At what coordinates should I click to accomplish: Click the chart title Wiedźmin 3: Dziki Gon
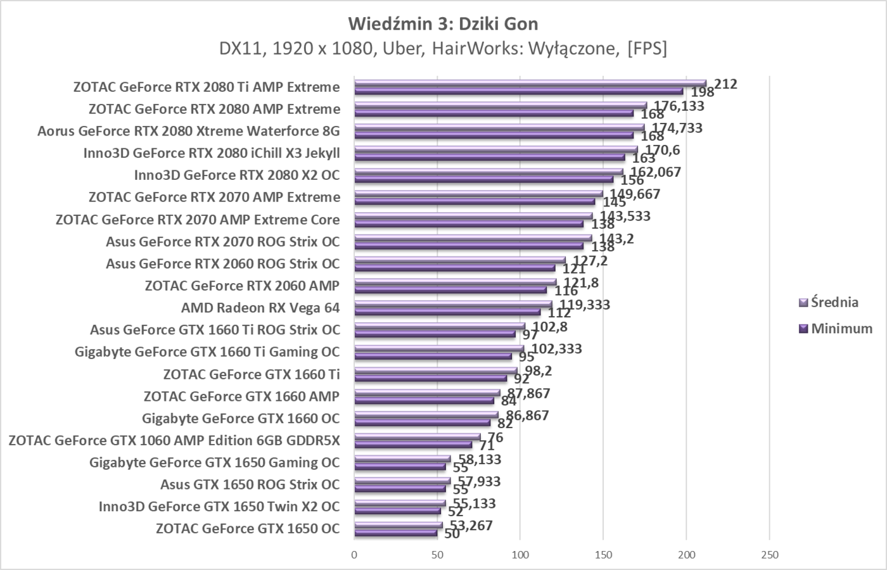point(443,24)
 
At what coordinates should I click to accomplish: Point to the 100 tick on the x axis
point(520,555)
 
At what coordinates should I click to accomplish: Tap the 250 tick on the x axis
point(769,555)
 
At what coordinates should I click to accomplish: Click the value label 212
point(725,84)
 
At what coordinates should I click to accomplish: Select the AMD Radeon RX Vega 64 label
point(260,308)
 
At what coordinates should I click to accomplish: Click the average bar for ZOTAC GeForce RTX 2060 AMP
point(455,282)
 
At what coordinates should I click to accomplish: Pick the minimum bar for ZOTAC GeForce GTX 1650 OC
point(396,533)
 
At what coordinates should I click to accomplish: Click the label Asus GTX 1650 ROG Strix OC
point(250,484)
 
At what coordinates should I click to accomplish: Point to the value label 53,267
point(469,525)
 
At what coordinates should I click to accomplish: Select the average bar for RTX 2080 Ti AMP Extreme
point(530,83)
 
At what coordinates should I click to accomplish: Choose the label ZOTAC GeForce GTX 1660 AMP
point(241,396)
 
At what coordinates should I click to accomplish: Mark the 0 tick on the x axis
point(354,555)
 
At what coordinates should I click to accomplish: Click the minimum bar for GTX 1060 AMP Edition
point(413,445)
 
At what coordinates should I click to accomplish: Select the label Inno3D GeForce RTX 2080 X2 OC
point(236,175)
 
